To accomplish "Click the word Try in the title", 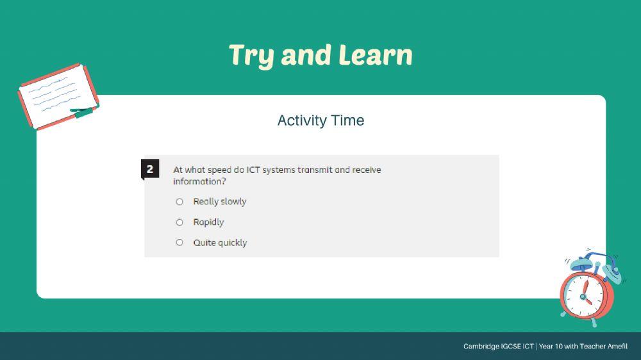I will coord(252,55).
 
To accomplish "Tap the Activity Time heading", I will coord(320,120).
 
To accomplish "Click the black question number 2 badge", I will coord(150,170).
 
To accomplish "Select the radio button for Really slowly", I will coord(179,202).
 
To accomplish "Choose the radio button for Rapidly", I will coord(179,222).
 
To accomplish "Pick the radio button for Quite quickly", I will coord(179,243).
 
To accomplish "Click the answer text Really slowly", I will coord(220,202).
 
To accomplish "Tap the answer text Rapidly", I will coord(208,222).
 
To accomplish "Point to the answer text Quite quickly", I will coord(220,243).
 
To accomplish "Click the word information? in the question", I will coord(199,181).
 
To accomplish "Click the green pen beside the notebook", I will coord(84,113).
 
